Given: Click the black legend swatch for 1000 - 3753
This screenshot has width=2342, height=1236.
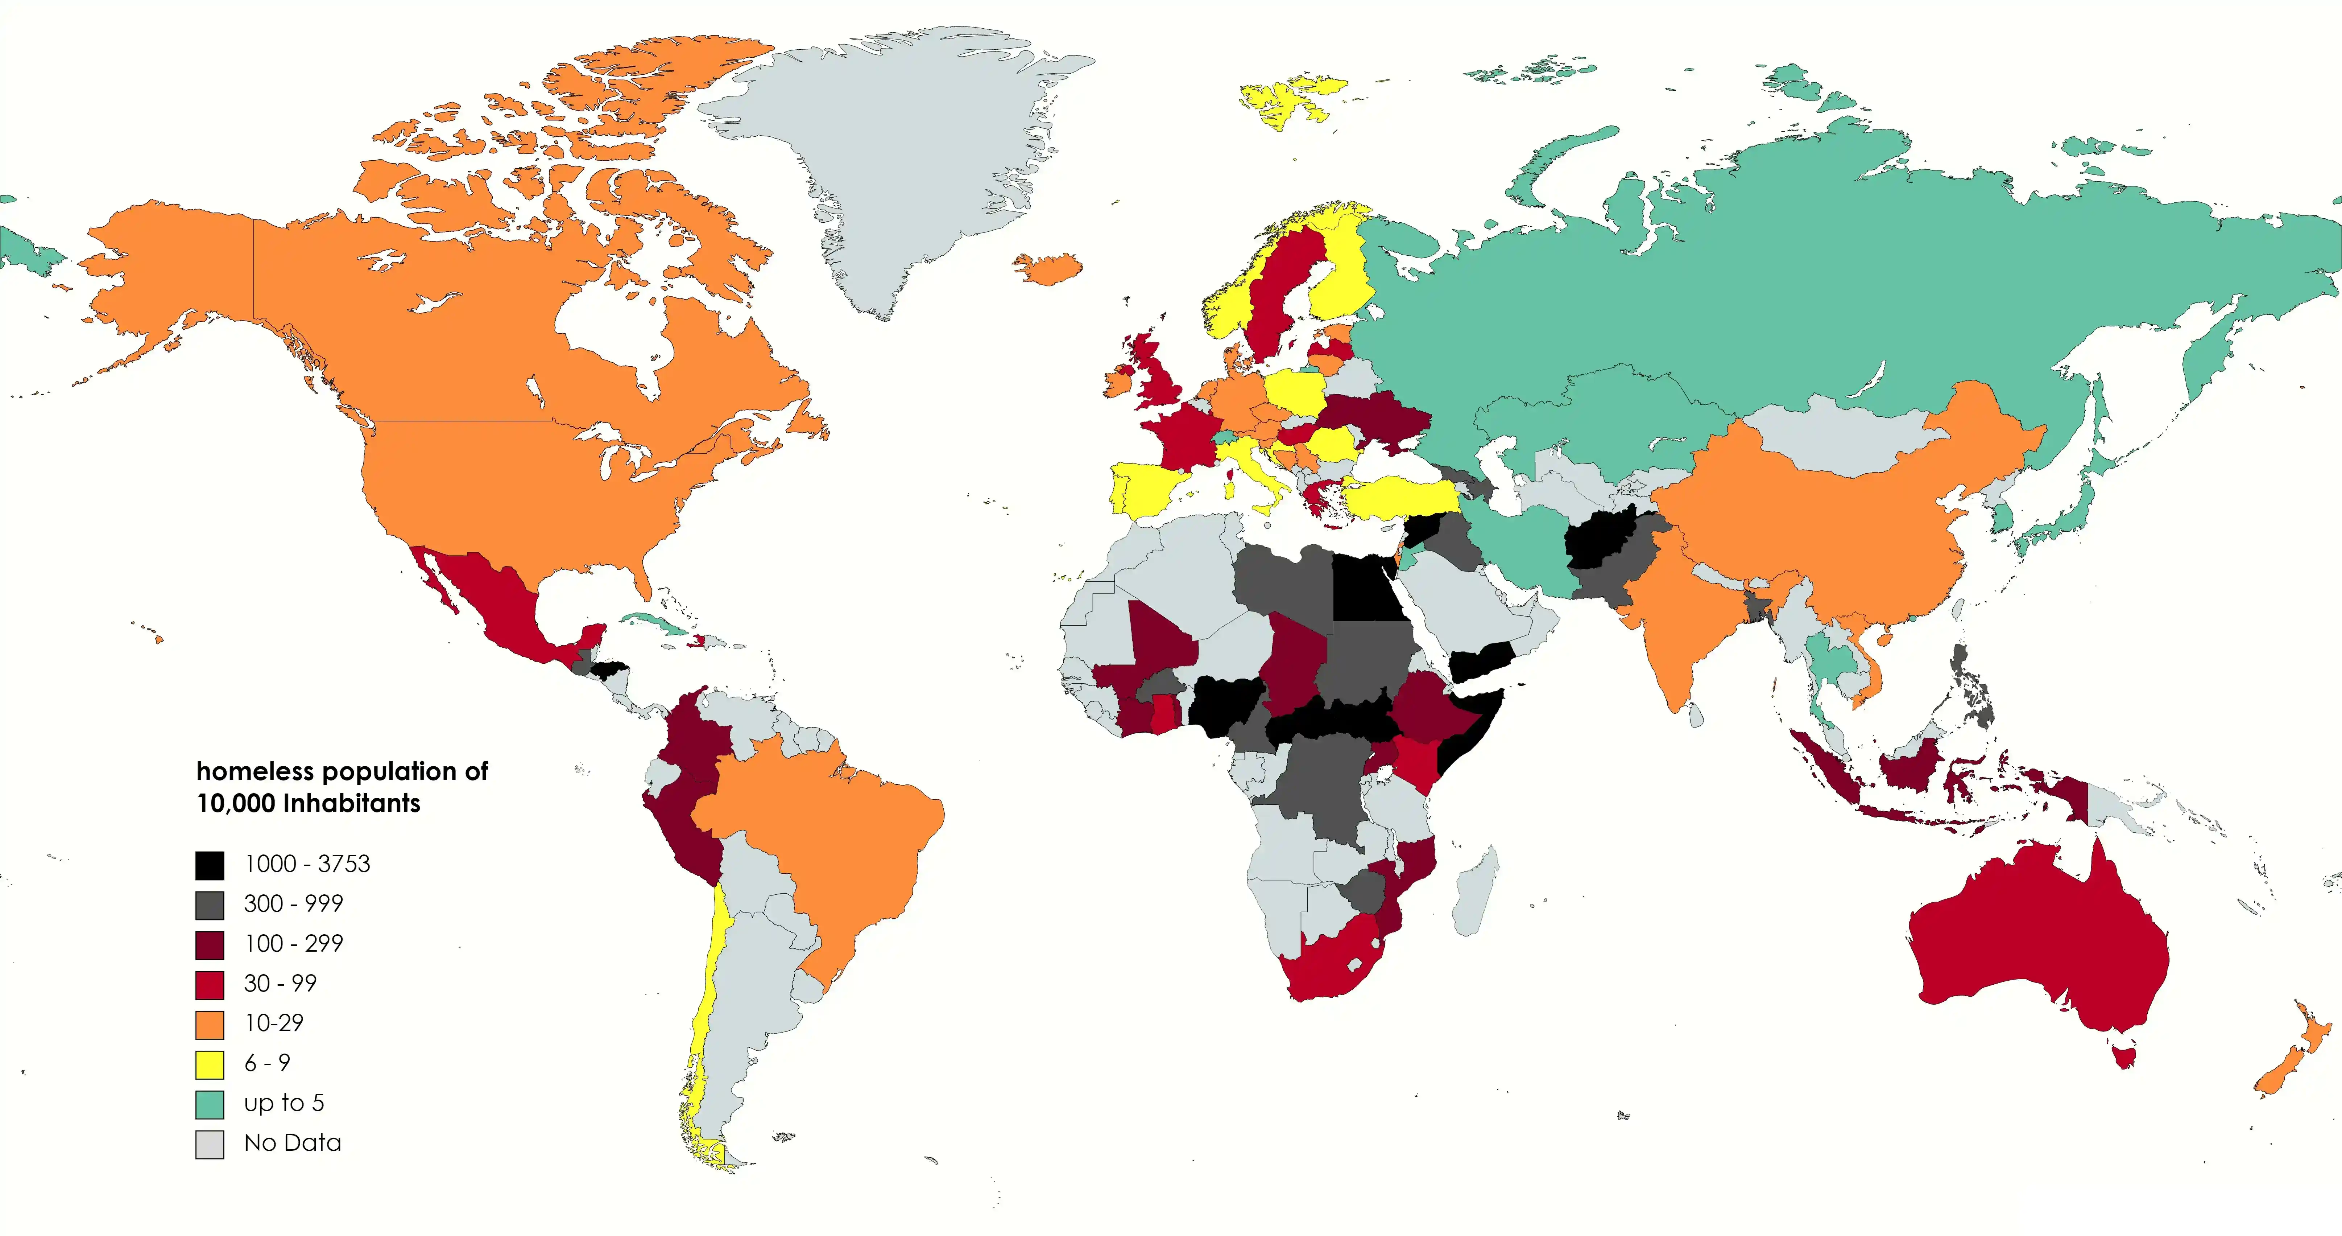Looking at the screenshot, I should click(x=210, y=865).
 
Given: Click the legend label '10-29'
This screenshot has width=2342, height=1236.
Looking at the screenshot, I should click(x=274, y=1023).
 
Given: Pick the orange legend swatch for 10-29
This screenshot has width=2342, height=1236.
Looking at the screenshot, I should click(x=210, y=1024).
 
